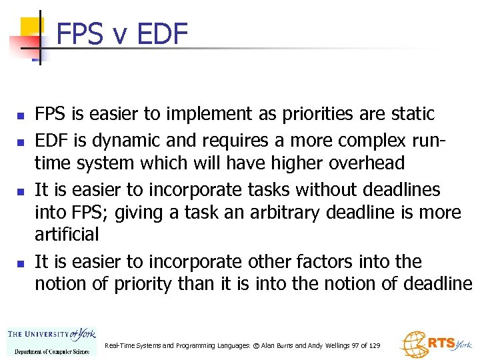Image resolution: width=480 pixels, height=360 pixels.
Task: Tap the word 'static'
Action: (409, 114)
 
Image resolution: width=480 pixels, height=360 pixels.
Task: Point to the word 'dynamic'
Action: (115, 141)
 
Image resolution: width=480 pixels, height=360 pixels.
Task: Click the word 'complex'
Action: (353, 141)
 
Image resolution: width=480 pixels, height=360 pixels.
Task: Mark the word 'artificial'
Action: (67, 234)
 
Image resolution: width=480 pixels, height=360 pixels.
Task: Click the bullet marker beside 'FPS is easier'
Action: (21, 116)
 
